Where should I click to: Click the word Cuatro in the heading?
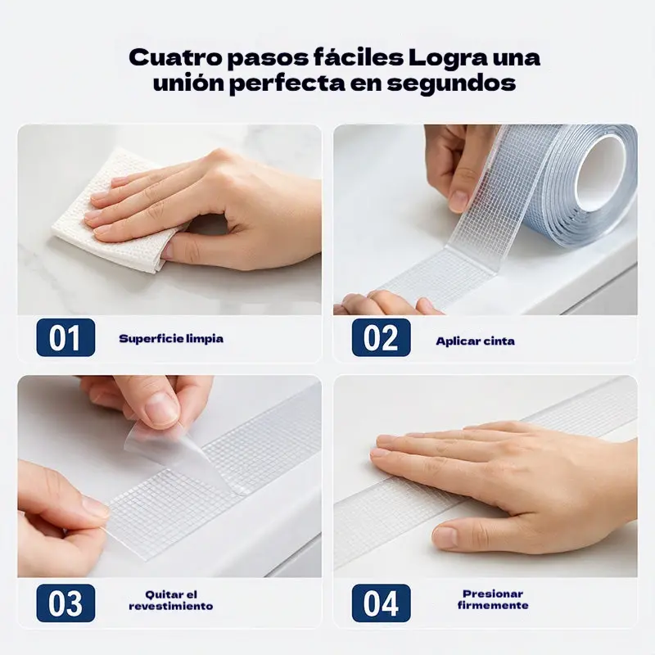tap(175, 57)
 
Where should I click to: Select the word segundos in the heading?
tap(451, 84)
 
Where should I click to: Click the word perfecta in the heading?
tap(287, 84)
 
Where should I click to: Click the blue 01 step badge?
tap(65, 337)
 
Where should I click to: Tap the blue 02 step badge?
tap(381, 337)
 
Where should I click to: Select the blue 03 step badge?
tap(65, 603)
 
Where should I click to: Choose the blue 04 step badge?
tap(381, 603)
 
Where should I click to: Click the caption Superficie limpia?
tap(171, 338)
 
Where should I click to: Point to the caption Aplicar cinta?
tap(476, 341)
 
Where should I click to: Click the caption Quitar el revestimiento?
tap(171, 600)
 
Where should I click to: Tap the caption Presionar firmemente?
tap(493, 599)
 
